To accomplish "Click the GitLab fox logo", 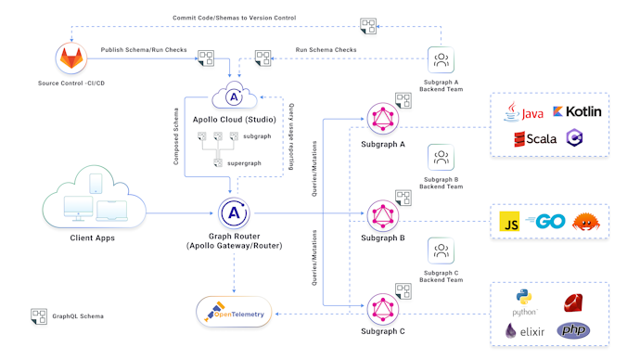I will point(71,59).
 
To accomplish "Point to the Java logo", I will point(524,112).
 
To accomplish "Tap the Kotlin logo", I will point(577,111).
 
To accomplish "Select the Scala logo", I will point(535,139).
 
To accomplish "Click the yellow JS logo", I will point(509,223).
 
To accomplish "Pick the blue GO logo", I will point(544,223).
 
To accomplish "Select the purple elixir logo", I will point(523,330).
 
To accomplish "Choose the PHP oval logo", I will point(573,330).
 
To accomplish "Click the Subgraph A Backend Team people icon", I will point(442,60).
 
